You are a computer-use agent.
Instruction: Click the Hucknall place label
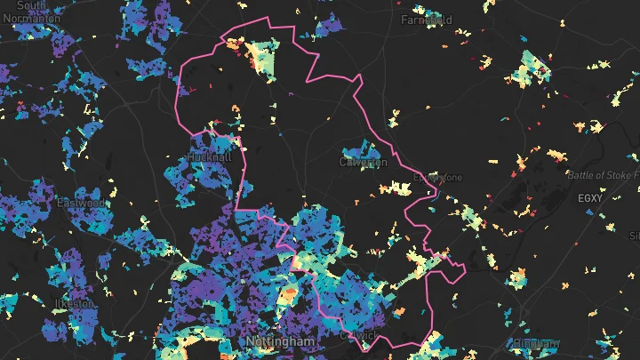[210, 157]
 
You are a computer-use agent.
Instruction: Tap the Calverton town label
[363, 163]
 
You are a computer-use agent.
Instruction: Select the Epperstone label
[438, 178]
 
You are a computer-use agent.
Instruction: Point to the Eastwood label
[81, 204]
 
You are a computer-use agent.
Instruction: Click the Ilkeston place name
[75, 303]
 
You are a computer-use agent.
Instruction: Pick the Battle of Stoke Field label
[603, 175]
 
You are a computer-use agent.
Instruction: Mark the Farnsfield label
[427, 19]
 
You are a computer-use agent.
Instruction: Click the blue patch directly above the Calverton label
[357, 148]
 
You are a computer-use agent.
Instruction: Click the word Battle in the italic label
[580, 175]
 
